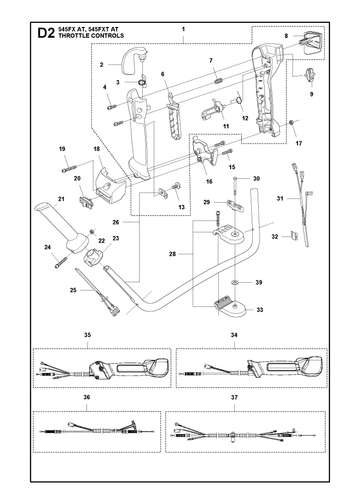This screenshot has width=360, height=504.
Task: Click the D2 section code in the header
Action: coord(46,33)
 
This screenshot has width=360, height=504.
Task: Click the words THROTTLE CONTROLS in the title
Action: coord(91,36)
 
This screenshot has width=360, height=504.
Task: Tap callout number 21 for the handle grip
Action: coord(61,199)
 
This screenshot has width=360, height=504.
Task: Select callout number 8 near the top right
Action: coord(286,36)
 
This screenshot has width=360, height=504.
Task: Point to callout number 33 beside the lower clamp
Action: coord(260,310)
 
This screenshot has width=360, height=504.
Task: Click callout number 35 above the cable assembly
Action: coord(87,335)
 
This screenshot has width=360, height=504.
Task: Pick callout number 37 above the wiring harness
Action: coord(234,397)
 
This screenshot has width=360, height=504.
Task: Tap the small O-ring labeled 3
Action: coord(142,82)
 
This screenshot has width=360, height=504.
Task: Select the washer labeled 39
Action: coord(235,282)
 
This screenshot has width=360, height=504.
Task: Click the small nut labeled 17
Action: coord(292,123)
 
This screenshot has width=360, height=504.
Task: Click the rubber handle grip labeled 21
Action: coord(62,228)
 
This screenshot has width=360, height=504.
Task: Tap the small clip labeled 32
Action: coord(294,235)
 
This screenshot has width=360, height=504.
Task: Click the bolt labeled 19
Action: coord(69,169)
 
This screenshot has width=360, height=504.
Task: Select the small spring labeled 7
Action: coord(219,81)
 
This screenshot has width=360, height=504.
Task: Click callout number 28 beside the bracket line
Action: coord(172,254)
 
